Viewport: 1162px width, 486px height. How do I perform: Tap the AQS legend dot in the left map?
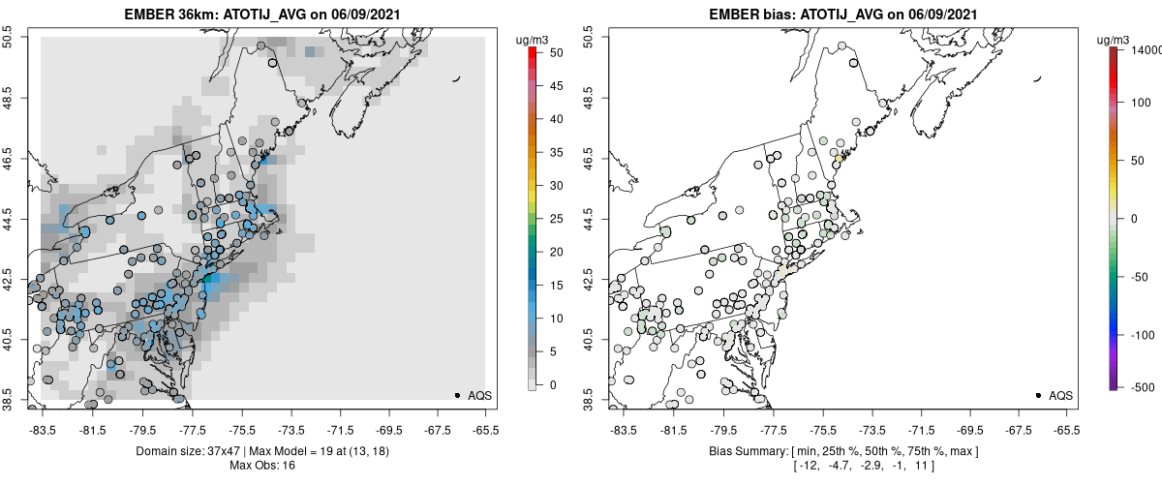point(457,395)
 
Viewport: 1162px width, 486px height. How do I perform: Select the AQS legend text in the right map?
point(1060,395)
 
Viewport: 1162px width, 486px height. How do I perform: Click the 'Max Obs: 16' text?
point(262,465)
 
